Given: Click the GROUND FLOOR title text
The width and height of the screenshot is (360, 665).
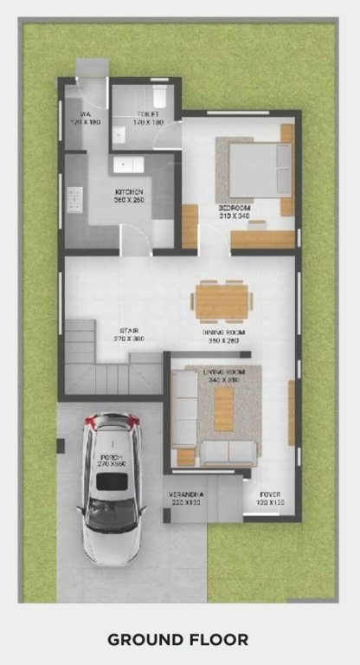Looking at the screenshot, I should pos(177,640).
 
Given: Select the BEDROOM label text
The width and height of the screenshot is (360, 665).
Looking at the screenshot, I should pos(235,210).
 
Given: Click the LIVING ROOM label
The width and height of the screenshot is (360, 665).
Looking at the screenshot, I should pos(222,375).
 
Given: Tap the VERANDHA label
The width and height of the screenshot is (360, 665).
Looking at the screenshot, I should pos(184,497).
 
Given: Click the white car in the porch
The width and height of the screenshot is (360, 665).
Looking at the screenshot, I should pos(110,485).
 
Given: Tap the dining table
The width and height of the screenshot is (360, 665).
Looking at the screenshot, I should pos(222,300).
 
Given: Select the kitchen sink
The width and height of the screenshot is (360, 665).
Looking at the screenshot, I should pos(123,163).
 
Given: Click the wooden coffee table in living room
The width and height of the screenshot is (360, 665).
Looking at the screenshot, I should pos(224,408).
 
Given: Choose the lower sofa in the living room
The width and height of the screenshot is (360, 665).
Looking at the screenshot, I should pos(228,452).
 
